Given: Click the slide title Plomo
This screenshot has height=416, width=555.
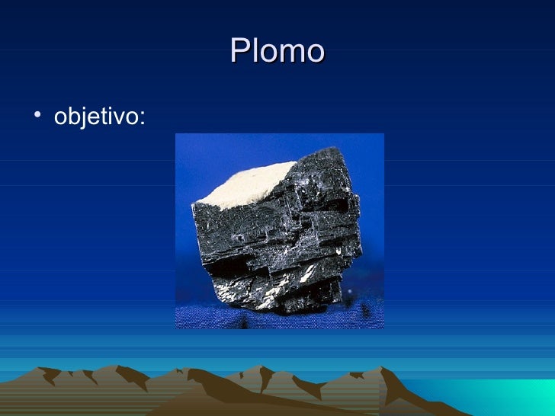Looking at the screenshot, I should pos(277,51).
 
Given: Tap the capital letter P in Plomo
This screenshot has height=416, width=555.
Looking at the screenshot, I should pos(239,51).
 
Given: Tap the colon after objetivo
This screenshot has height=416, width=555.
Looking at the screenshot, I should pos(143,120).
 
